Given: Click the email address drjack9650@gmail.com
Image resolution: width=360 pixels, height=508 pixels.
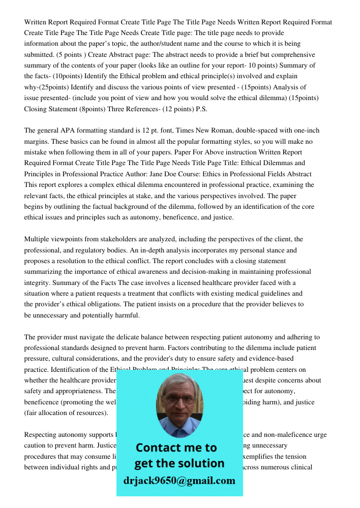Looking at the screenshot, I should point(179,481).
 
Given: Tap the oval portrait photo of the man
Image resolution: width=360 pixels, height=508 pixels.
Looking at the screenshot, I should point(179,405).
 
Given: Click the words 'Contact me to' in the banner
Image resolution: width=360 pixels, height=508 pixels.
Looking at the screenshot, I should point(176,448).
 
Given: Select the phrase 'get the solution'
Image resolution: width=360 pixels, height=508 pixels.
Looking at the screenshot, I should point(179,463).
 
